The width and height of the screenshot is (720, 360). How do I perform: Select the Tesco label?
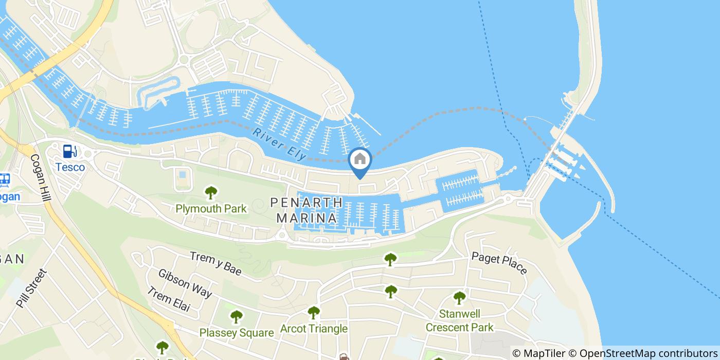[x=70, y=167]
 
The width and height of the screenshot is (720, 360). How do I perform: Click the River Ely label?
[x=280, y=143]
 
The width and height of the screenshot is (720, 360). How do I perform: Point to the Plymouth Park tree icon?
[x=211, y=193]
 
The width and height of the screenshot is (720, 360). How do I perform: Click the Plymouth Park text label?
[x=211, y=209]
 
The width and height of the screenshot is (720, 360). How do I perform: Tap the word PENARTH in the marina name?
[x=307, y=203]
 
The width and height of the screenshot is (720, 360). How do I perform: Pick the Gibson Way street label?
[x=185, y=283]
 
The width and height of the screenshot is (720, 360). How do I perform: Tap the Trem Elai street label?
[x=168, y=300]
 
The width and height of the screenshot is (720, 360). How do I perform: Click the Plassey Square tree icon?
[x=236, y=316]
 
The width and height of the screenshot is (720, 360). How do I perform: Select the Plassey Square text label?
[x=236, y=333]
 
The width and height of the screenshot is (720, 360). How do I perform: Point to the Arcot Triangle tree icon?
[x=313, y=312]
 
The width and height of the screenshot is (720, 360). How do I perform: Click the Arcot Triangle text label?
[x=313, y=329]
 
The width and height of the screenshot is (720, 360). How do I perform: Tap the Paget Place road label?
[x=499, y=263]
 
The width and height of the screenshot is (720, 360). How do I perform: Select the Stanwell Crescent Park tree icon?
[x=459, y=297]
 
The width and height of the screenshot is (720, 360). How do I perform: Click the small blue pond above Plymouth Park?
[x=182, y=175]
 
